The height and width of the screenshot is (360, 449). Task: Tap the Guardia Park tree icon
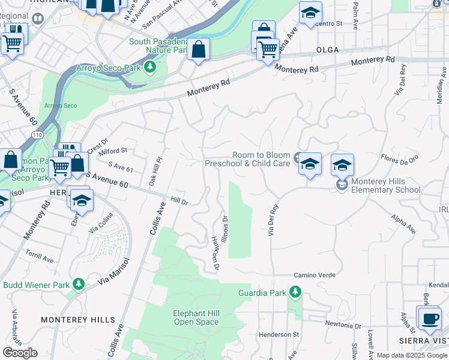[x=294, y=292]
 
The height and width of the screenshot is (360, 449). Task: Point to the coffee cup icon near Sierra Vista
[x=430, y=319]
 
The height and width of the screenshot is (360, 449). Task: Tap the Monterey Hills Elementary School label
[x=387, y=186]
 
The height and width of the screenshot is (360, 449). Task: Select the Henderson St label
[x=279, y=334]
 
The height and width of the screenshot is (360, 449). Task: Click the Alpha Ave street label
[x=403, y=223]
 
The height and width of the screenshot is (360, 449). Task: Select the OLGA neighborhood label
[x=328, y=50]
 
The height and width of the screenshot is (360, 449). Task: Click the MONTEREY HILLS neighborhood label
[x=70, y=320]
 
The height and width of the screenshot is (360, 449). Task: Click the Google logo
[x=20, y=353]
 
